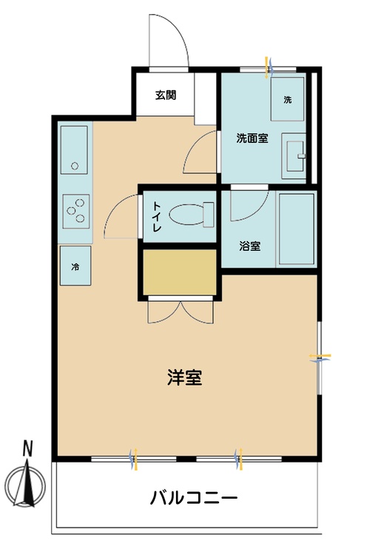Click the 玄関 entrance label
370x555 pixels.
click(165, 95)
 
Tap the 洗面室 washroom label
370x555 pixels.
click(252, 138)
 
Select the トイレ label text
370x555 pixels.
click(157, 218)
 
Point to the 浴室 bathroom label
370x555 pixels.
click(249, 246)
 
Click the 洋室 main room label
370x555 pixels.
click(185, 377)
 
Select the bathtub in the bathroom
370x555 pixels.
click(296, 230)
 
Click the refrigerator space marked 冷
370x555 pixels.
click(75, 265)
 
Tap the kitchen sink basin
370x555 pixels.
click(74, 148)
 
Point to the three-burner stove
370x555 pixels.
click(75, 210)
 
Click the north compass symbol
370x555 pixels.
click(28, 488)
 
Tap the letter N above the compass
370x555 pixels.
click(27, 448)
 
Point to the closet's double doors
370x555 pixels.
click(180, 311)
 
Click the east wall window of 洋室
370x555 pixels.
click(320, 358)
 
